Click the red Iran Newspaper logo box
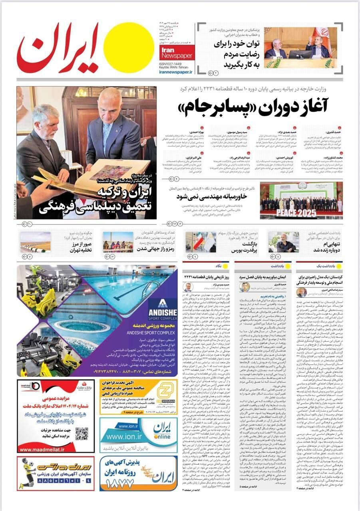176,52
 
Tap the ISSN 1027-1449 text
170,64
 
